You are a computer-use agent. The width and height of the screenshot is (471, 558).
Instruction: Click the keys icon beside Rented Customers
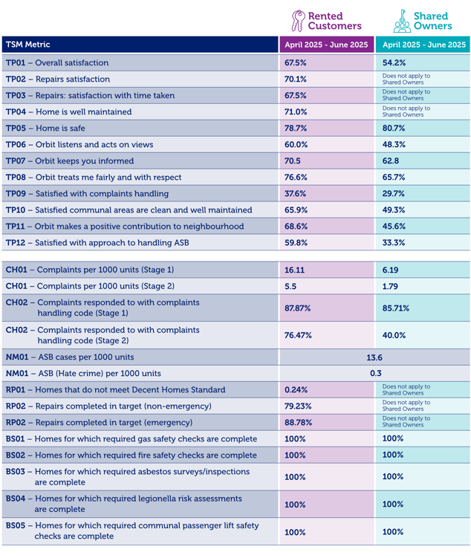point(298,21)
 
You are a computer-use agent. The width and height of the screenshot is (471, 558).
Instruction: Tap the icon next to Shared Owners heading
point(402,21)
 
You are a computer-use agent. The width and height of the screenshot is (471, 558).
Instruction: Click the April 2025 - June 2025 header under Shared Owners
point(423,45)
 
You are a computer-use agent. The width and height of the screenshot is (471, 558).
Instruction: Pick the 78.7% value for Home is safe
point(296,128)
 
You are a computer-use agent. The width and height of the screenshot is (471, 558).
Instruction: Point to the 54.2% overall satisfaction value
point(394,63)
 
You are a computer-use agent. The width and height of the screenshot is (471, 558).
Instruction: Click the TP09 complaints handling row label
point(87,194)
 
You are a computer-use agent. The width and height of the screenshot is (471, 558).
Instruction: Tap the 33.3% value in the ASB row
point(394,243)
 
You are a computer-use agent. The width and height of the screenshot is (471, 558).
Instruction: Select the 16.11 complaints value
point(296,270)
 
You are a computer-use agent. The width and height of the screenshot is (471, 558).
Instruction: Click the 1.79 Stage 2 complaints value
point(391,286)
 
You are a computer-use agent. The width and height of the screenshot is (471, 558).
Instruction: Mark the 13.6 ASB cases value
point(374,357)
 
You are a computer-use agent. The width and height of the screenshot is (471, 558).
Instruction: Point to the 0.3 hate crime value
point(375,374)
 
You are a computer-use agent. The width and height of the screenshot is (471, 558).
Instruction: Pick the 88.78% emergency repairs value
point(298,422)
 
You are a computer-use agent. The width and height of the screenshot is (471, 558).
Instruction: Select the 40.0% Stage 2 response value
point(394,335)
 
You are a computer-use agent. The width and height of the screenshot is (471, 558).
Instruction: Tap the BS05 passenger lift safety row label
point(132,531)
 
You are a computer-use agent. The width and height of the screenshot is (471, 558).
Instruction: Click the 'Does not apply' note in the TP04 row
point(406,111)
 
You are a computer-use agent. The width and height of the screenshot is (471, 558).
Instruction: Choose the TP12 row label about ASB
point(96,243)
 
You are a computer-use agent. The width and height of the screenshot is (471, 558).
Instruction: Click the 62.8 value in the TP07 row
point(392,160)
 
